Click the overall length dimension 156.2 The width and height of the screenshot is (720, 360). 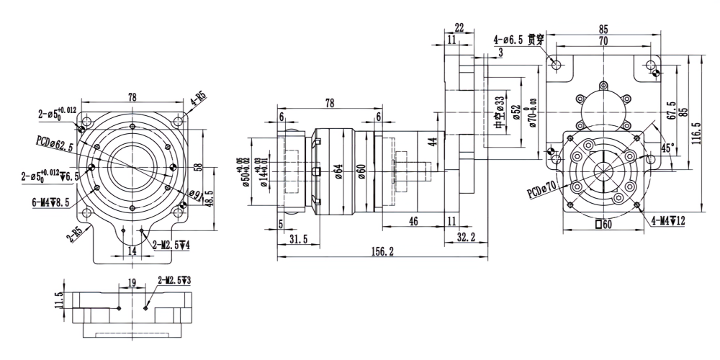tap(382, 251)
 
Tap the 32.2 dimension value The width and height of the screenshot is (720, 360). tap(466, 237)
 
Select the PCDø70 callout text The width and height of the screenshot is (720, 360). tap(542, 189)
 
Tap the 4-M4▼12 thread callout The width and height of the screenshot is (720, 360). tap(668, 221)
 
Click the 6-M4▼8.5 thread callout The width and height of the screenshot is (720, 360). tap(51, 203)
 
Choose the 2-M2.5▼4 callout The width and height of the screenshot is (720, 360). tap(172, 246)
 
